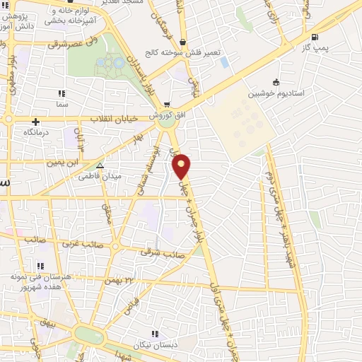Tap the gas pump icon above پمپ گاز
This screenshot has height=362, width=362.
(x=314, y=37)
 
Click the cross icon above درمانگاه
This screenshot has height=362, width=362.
(x=35, y=122)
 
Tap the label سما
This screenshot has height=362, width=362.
(x=62, y=103)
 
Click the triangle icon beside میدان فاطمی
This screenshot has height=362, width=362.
(x=100, y=165)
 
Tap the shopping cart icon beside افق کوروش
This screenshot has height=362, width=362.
(x=166, y=104)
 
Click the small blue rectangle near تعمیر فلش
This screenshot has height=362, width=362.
(x=224, y=62)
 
